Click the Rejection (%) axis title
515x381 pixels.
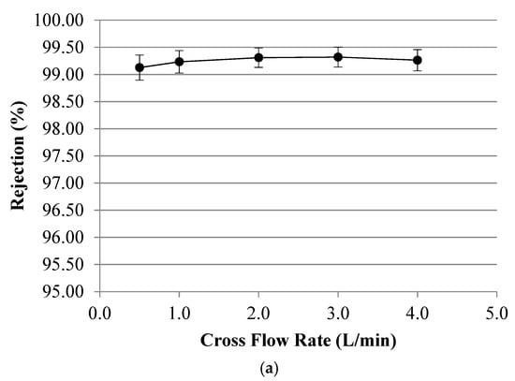(x=19, y=155)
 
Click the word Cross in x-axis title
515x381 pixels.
(x=223, y=339)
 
